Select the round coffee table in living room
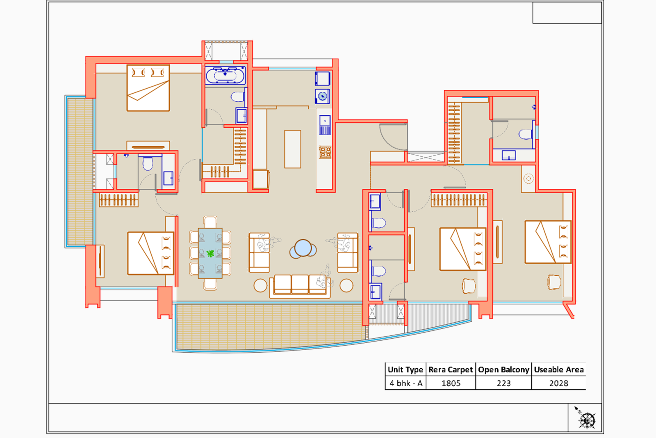303,249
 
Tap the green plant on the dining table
210,253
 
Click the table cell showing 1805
451,383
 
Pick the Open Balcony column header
503,369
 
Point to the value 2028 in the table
558,383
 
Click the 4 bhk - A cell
405,383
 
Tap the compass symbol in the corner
586,419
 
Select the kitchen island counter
293,149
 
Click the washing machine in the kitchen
323,96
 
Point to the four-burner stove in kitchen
325,152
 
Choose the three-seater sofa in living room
300,285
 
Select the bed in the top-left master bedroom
148,88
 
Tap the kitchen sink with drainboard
325,125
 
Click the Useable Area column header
558,369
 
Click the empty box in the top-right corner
567,13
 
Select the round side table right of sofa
346,285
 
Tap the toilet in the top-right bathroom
526,134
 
